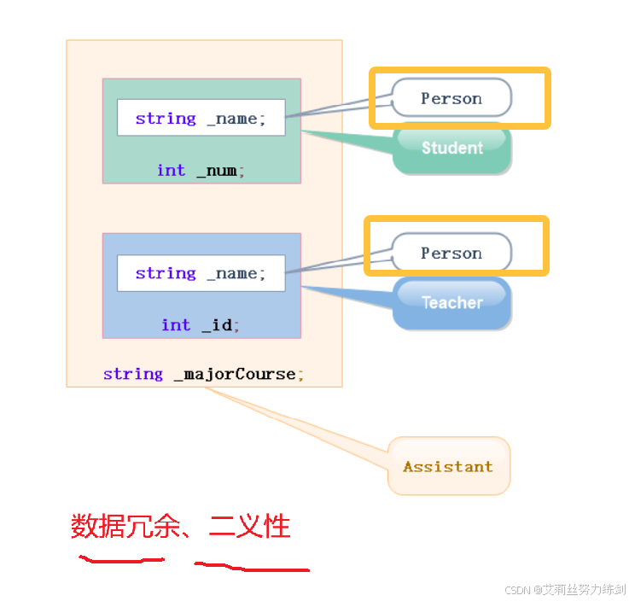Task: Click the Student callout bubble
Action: pos(452,149)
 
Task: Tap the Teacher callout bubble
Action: pos(452,303)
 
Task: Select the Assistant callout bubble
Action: pos(448,466)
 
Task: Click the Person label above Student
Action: pos(451,98)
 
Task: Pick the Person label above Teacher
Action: pos(451,253)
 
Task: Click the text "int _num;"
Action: pos(201,170)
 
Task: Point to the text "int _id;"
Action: pos(201,324)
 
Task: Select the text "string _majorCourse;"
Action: pos(203,374)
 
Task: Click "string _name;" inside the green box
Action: pos(201,119)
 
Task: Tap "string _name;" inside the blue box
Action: pos(201,273)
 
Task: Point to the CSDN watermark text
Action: pos(565,590)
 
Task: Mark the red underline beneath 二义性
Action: pos(252,567)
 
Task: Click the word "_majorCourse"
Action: pos(238,374)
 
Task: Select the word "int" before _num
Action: pos(171,170)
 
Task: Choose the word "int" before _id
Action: pos(176,324)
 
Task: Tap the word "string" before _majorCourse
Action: pos(132,374)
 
